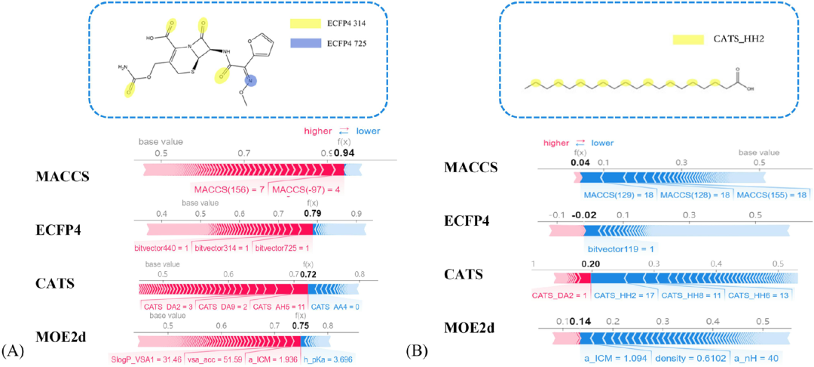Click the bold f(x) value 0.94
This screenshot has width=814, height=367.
[344, 153]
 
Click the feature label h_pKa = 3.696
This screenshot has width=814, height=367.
[326, 359]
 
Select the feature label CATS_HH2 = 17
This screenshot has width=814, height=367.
[624, 295]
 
